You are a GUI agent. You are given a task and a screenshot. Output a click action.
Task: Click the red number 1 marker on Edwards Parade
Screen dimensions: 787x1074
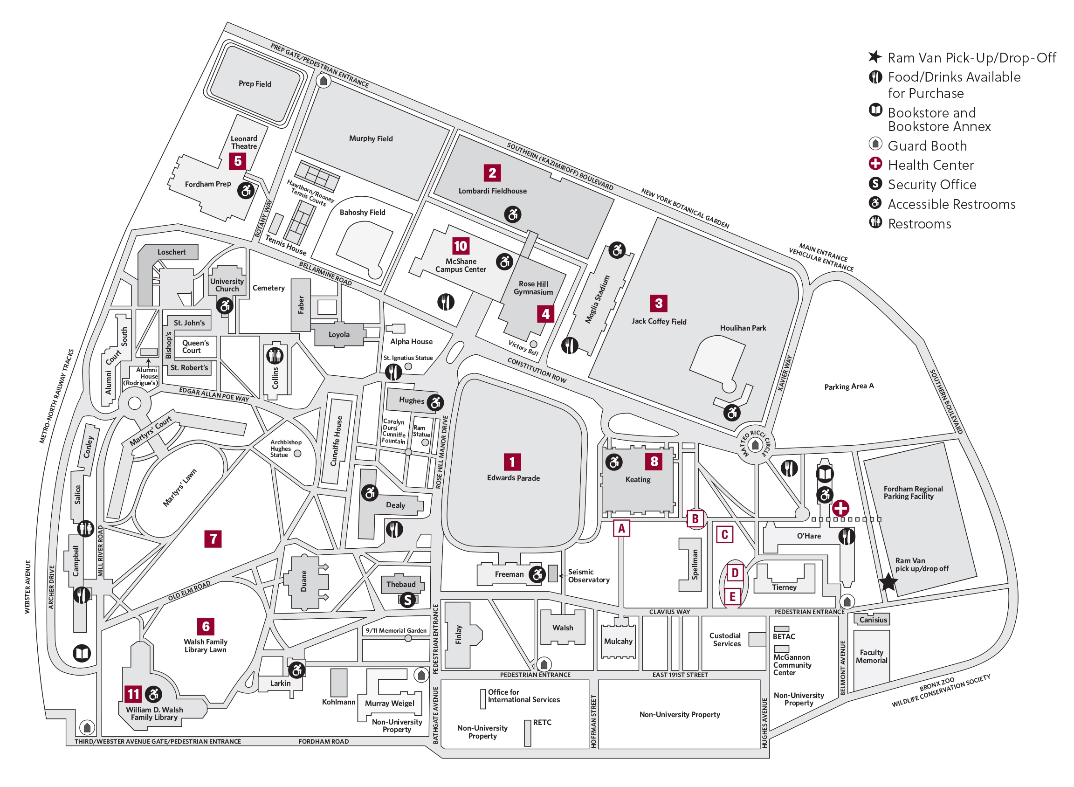(512, 462)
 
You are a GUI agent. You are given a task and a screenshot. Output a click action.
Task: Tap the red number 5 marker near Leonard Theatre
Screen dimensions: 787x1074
(238, 161)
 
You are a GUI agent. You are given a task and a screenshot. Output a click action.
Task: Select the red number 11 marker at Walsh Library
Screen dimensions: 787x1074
(133, 694)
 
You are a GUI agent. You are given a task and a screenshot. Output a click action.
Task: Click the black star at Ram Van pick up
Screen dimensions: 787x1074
(888, 582)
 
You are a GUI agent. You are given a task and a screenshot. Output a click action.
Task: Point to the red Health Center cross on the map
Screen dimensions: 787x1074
(840, 508)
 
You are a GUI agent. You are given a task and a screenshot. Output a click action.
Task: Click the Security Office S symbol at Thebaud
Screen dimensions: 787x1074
(408, 600)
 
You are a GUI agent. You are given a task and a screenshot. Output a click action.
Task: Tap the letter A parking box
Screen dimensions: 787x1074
(621, 528)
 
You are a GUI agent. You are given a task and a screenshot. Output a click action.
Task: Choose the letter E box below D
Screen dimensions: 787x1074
(732, 596)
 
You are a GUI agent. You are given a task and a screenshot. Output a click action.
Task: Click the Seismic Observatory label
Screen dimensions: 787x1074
(588, 576)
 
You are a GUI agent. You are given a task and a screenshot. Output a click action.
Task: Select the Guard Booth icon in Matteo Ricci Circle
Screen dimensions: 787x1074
(755, 445)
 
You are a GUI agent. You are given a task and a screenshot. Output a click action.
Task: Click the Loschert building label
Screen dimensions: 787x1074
(172, 252)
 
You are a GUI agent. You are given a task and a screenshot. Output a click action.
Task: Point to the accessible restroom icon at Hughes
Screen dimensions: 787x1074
(435, 402)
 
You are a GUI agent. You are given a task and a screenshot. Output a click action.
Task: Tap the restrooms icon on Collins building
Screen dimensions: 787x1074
(275, 355)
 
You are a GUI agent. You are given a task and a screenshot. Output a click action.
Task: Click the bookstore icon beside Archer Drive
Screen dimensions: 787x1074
(82, 653)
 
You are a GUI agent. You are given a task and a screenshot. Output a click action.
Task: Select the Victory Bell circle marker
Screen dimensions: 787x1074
(533, 344)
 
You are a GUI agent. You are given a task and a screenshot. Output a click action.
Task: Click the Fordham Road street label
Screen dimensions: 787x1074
(324, 741)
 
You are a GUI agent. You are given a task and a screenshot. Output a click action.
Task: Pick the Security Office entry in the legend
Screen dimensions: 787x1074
(931, 184)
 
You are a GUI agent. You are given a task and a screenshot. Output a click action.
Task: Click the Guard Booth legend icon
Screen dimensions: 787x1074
(875, 144)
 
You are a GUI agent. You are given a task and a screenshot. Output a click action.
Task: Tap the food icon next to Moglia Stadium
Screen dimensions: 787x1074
(570, 345)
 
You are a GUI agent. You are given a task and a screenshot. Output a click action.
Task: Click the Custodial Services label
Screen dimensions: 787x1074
(725, 639)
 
